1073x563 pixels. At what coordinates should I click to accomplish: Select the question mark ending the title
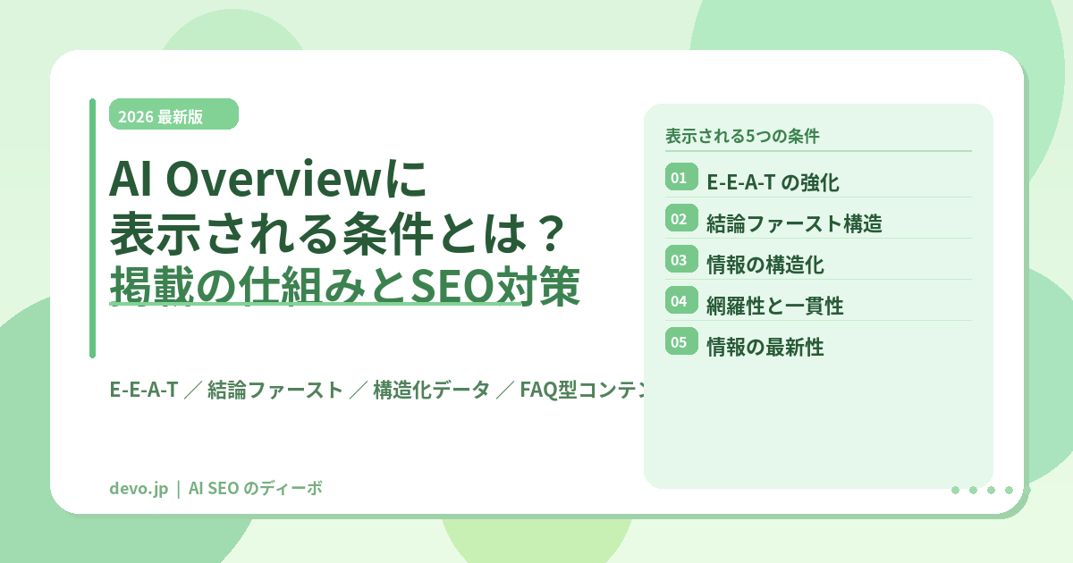545,236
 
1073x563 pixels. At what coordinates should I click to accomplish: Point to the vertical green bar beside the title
92,228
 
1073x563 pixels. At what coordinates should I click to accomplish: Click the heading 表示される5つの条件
742,137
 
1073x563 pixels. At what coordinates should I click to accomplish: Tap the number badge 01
680,178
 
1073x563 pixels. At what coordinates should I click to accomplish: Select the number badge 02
680,219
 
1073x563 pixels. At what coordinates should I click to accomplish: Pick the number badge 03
680,260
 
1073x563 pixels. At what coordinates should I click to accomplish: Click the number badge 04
680,301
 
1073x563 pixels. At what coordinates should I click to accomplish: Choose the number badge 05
680,342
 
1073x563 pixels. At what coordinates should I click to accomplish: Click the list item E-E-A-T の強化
773,183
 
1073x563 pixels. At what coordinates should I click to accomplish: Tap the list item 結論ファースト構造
794,223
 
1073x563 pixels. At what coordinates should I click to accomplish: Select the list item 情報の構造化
765,265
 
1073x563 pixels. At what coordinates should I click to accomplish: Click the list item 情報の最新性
765,348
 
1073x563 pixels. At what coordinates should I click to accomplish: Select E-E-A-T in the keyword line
144,390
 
